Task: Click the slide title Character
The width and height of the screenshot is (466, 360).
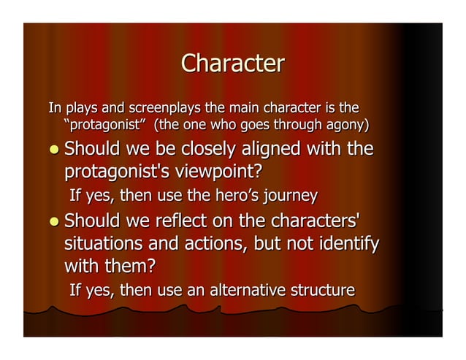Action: [x=232, y=64]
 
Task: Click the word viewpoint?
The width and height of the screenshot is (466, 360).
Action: [x=213, y=172]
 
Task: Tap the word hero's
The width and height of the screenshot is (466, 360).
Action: [x=229, y=196]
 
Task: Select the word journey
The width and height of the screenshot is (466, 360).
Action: [x=290, y=196]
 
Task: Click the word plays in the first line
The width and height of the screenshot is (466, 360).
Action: [x=82, y=109]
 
